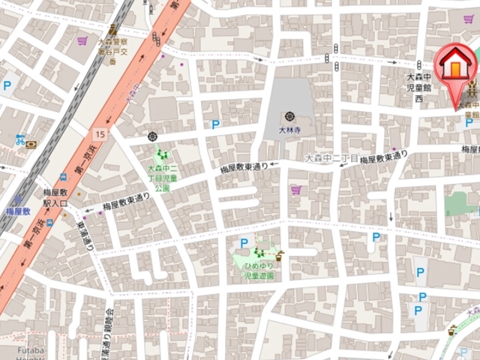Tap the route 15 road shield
[100, 133]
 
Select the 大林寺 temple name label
[289, 129]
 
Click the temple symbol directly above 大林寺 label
[289, 116]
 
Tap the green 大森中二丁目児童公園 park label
[160, 178]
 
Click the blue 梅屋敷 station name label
[17, 211]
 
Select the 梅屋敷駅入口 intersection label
[56, 198]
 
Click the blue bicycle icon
[19, 139]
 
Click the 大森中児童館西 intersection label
[419, 87]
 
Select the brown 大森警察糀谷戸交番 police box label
[113, 49]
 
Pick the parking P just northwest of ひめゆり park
[244, 242]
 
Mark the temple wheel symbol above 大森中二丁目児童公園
[153, 136]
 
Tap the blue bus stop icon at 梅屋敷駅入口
[49, 222]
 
